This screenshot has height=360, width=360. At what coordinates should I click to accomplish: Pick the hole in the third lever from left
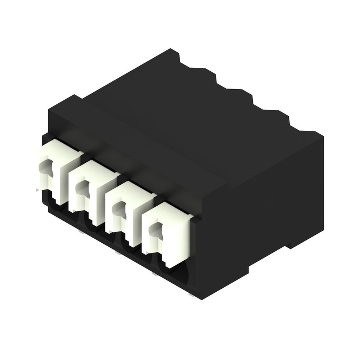pos(118,209)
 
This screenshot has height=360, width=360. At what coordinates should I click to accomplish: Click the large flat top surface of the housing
pos(180,119)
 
